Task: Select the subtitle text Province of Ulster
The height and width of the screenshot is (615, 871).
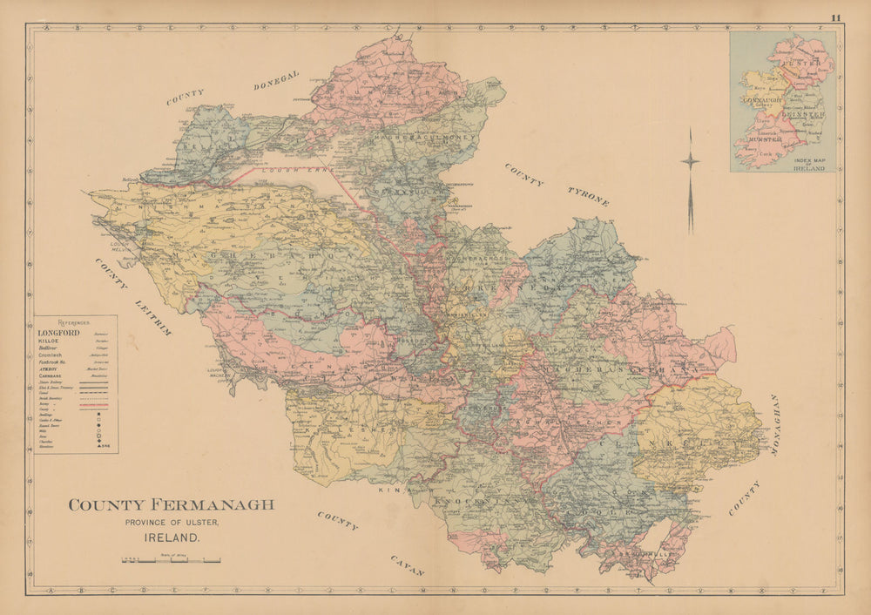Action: click(171, 522)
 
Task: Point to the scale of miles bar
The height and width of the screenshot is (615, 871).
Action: click(171, 559)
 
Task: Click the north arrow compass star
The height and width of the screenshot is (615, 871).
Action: click(690, 161)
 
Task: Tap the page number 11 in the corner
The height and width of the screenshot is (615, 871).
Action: click(836, 17)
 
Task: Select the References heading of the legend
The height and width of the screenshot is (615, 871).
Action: click(76, 321)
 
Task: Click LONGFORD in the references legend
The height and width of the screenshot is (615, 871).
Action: click(58, 333)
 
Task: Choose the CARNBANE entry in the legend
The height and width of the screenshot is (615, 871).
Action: click(54, 375)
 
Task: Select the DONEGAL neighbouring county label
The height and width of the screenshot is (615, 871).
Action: click(276, 81)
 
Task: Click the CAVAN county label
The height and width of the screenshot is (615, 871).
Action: click(407, 565)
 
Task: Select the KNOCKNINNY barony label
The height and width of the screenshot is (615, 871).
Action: click(479, 503)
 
